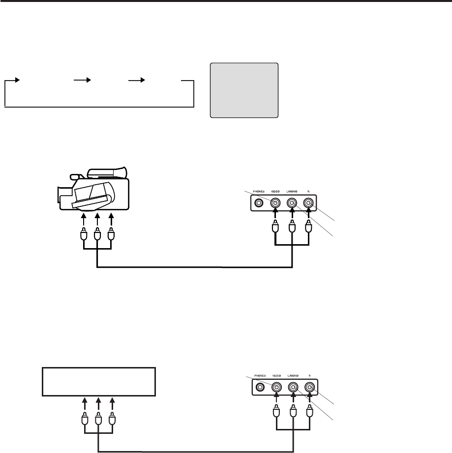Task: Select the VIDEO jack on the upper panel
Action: (275, 202)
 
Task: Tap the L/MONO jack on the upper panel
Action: (292, 202)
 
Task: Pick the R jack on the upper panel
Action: (309, 202)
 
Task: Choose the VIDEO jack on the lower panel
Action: (276, 387)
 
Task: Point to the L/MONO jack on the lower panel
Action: (293, 387)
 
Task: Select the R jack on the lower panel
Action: (310, 387)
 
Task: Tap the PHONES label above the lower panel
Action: (260, 375)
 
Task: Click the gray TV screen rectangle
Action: (244, 90)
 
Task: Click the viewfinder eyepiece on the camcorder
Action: (74, 175)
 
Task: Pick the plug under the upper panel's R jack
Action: (309, 228)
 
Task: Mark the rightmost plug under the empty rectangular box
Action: (113, 415)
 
